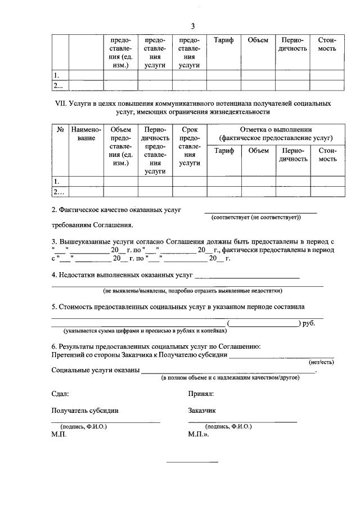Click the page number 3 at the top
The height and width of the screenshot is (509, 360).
(x=192, y=26)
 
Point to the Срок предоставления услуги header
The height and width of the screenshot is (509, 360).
(x=190, y=146)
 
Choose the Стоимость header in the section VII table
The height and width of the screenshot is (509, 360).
(x=327, y=155)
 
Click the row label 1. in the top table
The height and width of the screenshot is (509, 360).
(x=56, y=75)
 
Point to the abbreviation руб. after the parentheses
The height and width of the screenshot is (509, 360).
(x=309, y=323)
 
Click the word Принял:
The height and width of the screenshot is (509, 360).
(x=201, y=395)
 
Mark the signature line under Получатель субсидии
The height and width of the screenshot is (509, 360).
(x=106, y=421)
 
